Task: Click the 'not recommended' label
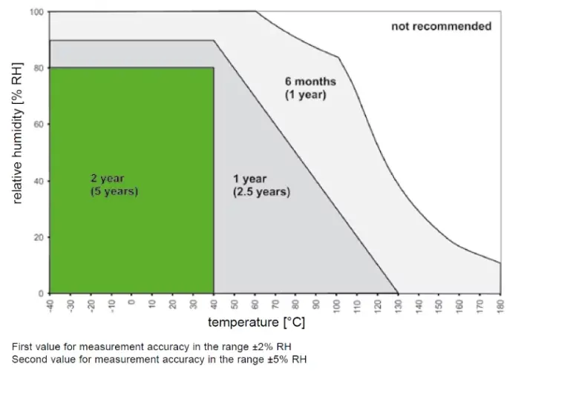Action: [x=441, y=27]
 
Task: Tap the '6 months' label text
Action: [x=310, y=82]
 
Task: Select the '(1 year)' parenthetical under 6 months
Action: [x=306, y=95]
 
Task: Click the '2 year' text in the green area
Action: [x=108, y=179]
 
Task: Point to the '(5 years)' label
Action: [x=114, y=191]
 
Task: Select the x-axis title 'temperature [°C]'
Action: [x=256, y=323]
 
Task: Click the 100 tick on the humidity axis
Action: [x=36, y=13]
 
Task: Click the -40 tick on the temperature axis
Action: [x=50, y=304]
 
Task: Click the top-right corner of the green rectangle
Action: [x=214, y=68]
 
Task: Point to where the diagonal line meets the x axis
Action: [x=398, y=294]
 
